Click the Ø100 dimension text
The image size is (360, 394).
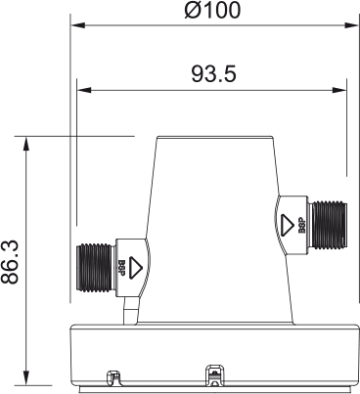pos(212,11)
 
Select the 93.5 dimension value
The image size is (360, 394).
pos(212,74)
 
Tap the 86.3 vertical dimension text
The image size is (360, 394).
pos(13,258)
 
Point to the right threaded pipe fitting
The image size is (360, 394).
pos(326,222)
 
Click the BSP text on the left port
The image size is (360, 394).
pos(122,265)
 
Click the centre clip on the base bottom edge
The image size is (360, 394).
pos(212,372)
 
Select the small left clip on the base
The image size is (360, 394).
pos(112,374)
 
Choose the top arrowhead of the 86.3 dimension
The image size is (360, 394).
pos(26,142)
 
